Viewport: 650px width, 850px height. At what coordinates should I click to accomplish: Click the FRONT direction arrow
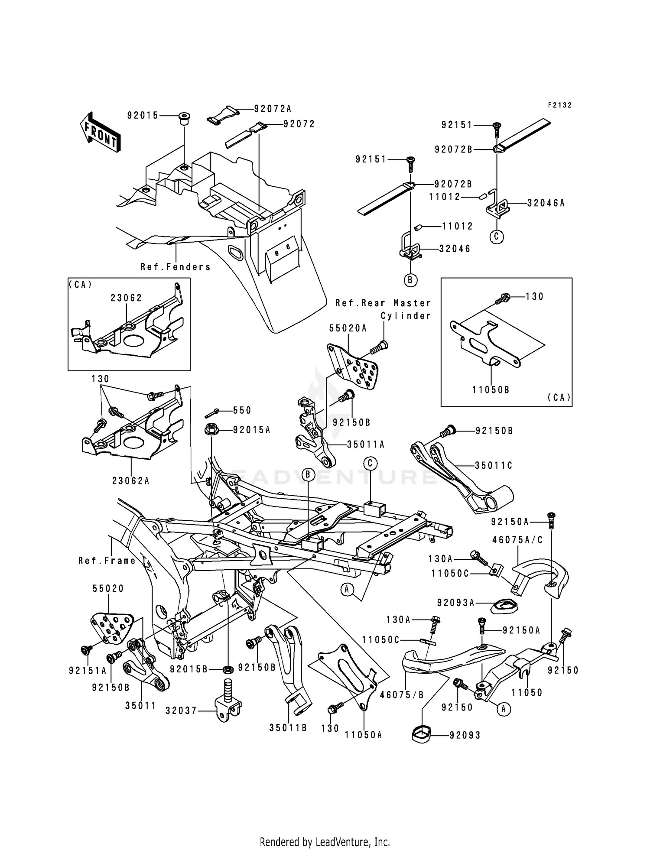(x=100, y=133)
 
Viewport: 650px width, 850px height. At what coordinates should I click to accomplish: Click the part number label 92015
(x=143, y=115)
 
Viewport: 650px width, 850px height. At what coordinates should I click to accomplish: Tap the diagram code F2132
(x=559, y=105)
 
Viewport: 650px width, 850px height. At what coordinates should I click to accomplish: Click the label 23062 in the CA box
(x=126, y=298)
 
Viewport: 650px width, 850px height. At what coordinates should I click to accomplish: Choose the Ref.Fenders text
(x=175, y=267)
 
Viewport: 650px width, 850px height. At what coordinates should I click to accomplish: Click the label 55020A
(x=348, y=329)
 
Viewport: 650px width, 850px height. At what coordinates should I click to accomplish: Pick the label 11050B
(x=491, y=390)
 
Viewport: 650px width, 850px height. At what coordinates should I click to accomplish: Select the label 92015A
(x=252, y=430)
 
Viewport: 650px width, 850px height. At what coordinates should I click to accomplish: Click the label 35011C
(x=494, y=466)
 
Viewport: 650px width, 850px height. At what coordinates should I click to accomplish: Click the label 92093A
(x=456, y=603)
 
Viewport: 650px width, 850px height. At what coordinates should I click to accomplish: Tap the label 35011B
(x=288, y=728)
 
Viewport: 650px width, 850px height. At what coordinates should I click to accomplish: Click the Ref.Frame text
(x=107, y=561)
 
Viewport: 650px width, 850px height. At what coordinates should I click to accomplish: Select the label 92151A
(x=88, y=671)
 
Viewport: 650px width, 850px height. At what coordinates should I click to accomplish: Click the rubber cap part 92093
(x=422, y=735)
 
